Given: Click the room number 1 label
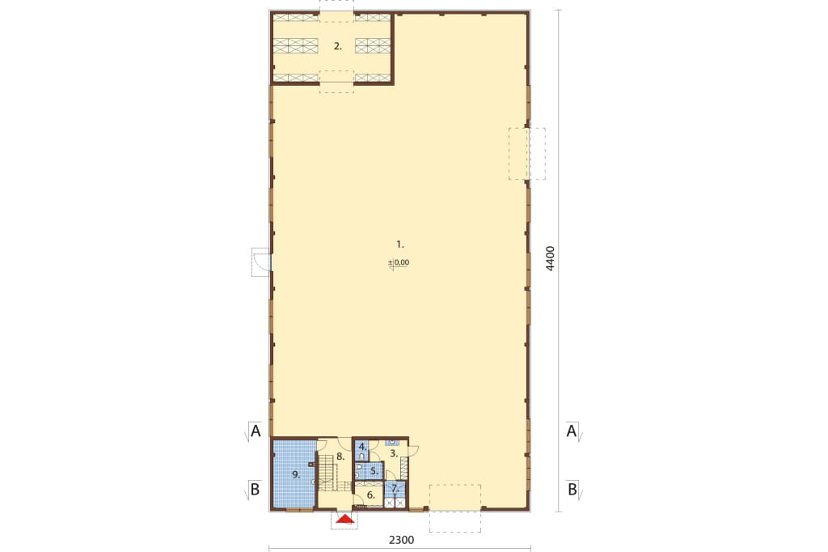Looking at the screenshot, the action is [x=399, y=244].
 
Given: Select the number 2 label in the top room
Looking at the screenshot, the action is [x=337, y=46].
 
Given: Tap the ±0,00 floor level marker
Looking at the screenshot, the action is [x=399, y=262].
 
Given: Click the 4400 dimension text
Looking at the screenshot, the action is [x=550, y=258].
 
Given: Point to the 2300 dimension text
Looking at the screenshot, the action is [x=401, y=540].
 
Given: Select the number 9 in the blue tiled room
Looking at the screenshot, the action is [x=296, y=475].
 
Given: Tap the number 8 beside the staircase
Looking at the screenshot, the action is [x=340, y=455].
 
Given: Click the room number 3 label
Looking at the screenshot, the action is [x=394, y=453].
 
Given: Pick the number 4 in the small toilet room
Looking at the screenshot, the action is [x=362, y=447].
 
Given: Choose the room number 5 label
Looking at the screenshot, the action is [x=374, y=470].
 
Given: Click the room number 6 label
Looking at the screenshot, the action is [x=370, y=495].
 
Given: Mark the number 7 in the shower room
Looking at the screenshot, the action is [x=395, y=489].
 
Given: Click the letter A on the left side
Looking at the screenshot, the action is [x=256, y=431].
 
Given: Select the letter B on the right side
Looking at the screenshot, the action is [x=572, y=490].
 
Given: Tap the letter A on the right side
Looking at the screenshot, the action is [x=571, y=431].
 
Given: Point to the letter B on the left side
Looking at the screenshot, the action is [x=255, y=490].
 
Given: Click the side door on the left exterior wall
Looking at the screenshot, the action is [x=261, y=261].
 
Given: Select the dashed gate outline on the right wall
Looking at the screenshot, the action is [x=527, y=153].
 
